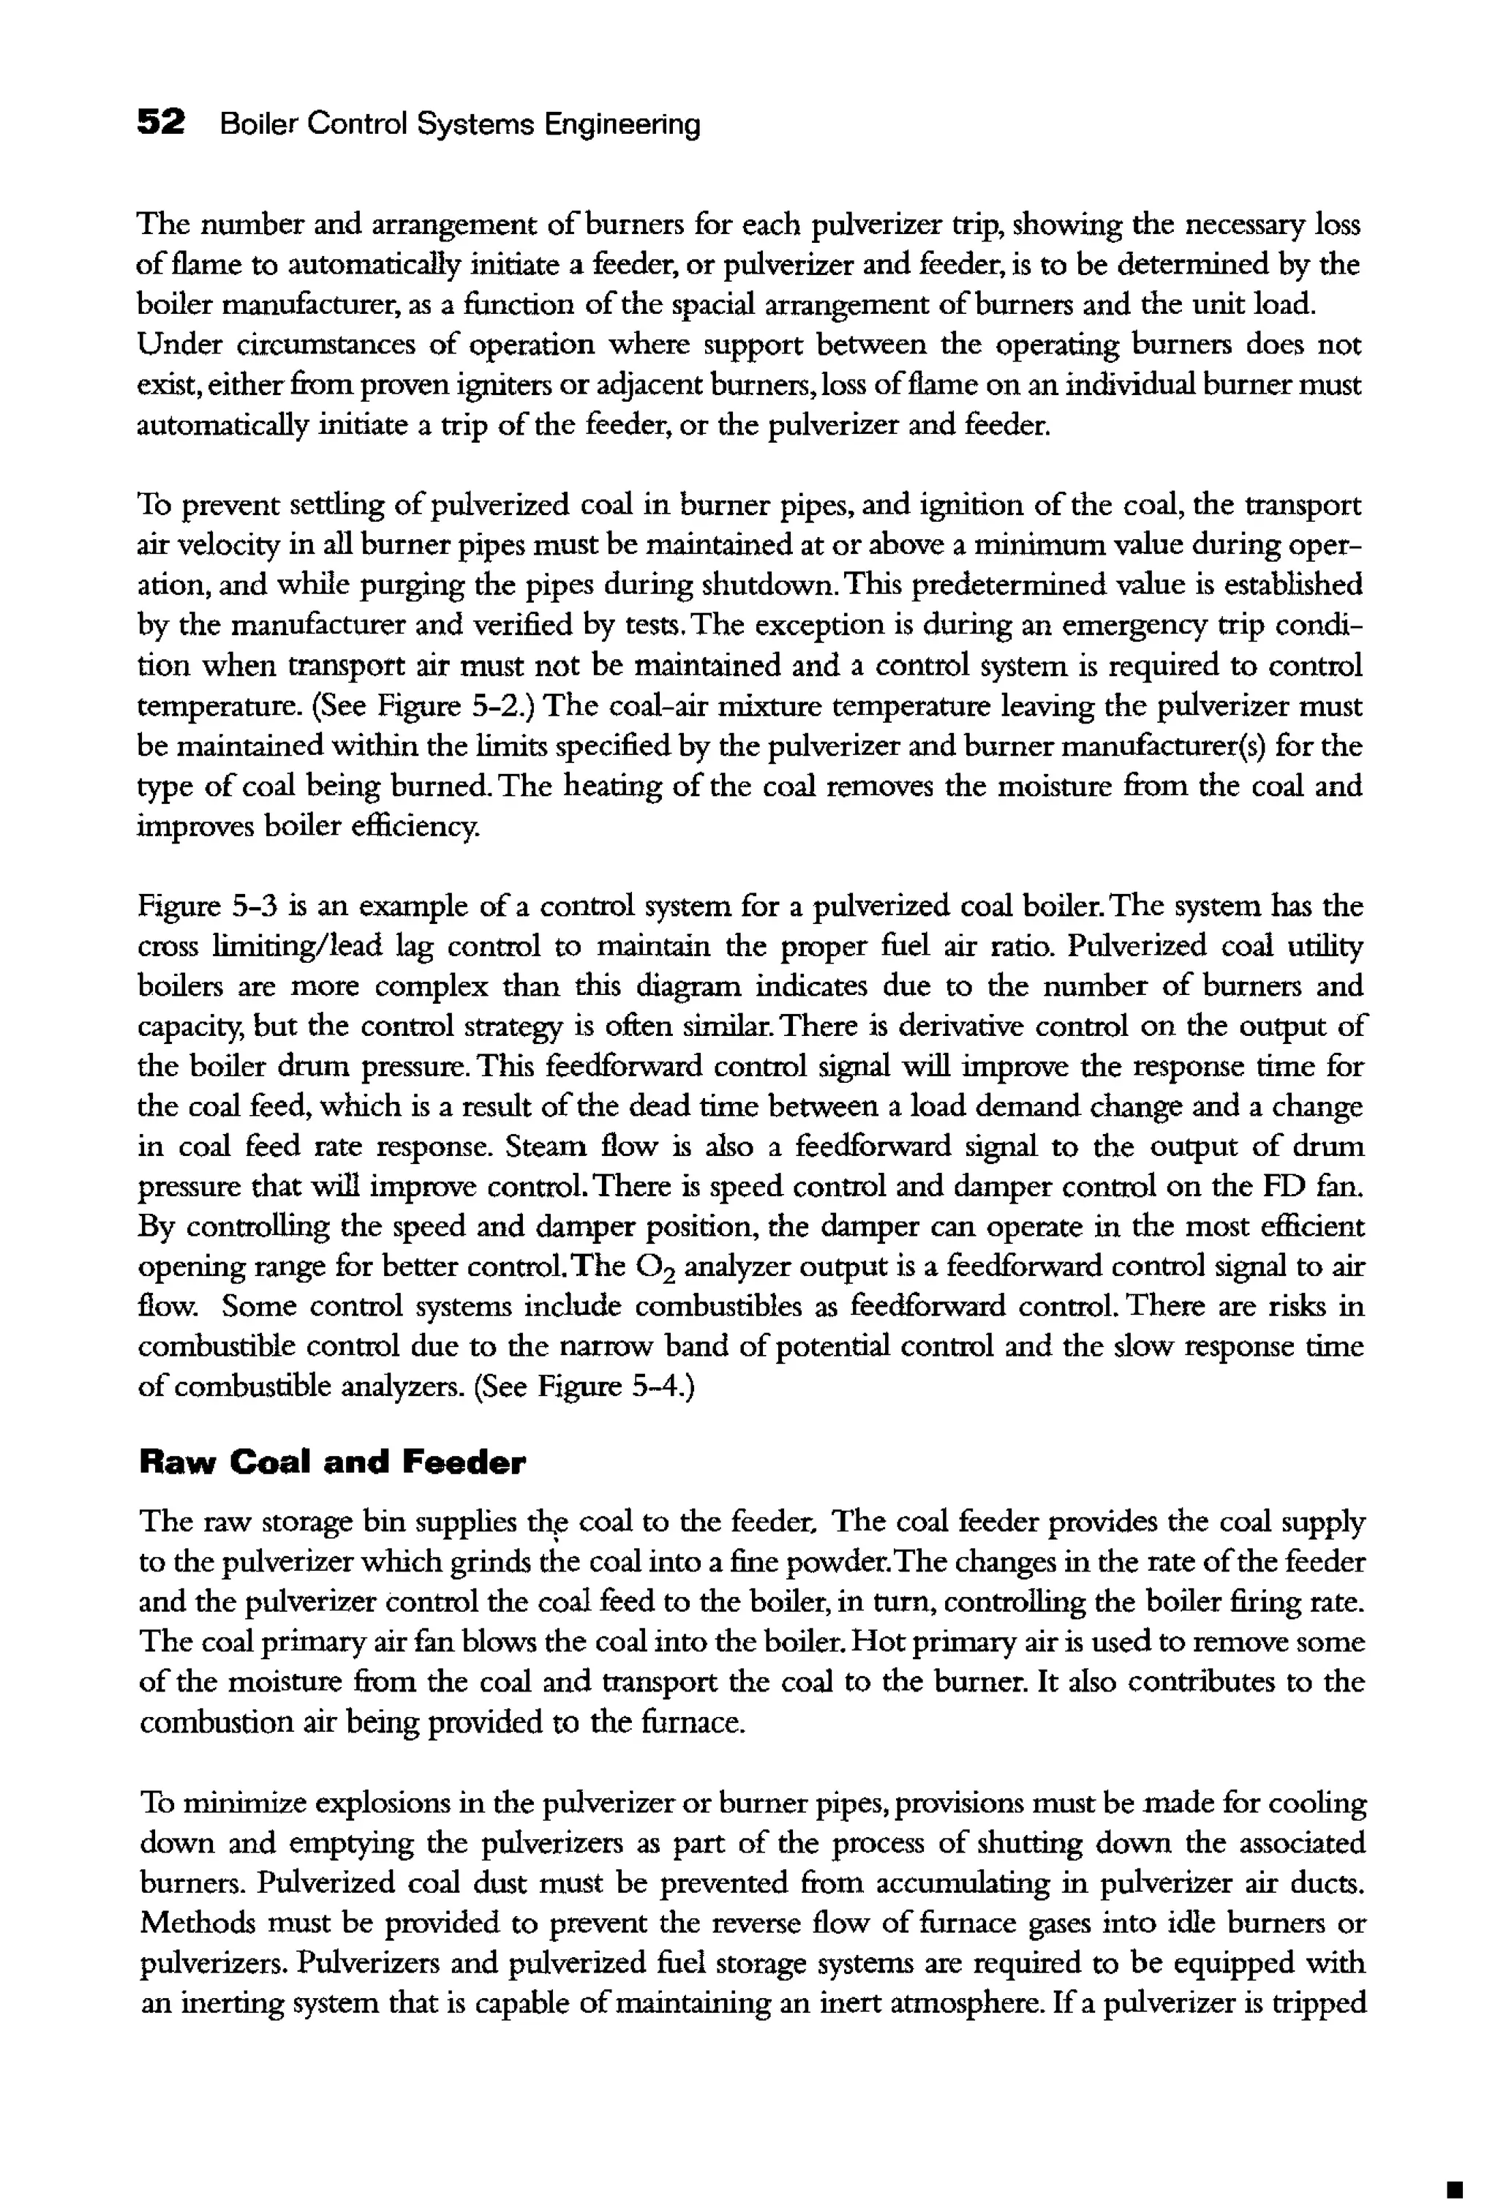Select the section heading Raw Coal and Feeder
331,1463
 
